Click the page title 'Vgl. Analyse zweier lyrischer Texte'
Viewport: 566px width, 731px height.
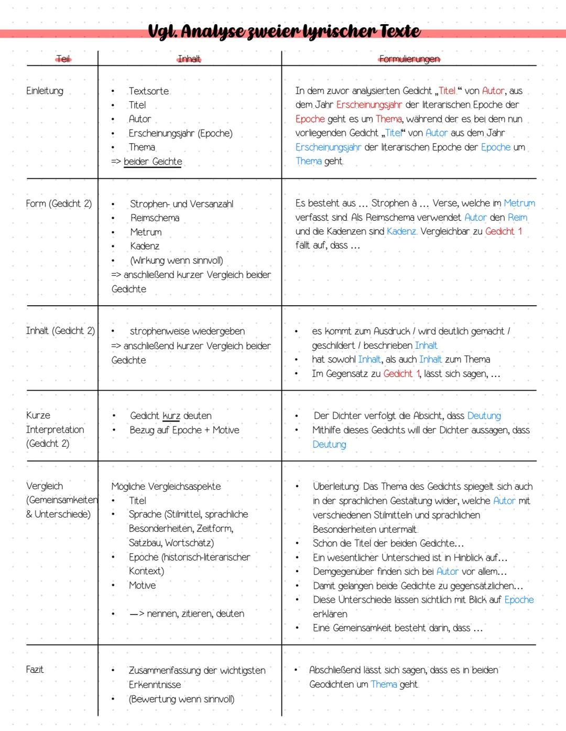coord(284,31)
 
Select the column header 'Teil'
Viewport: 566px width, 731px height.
coord(63,59)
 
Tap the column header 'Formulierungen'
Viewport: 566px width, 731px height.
coord(409,59)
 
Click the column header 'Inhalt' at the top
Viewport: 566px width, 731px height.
coord(189,59)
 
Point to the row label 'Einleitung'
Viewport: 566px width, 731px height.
coord(45,91)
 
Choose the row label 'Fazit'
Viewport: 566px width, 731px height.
coord(35,670)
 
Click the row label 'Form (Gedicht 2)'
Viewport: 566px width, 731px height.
coord(59,203)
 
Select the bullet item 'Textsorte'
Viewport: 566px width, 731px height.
coord(149,91)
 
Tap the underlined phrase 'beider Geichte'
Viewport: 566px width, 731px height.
coord(153,162)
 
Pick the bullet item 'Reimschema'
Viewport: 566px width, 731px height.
coord(155,218)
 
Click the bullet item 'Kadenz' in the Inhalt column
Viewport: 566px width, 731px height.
coord(145,246)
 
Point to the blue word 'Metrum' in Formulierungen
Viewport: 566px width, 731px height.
coord(519,203)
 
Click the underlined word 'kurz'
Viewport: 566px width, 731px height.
coord(171,416)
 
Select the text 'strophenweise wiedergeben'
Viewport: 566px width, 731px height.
coord(187,331)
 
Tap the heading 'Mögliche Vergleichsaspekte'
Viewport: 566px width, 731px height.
coord(166,487)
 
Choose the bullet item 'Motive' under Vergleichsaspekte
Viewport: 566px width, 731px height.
coord(143,585)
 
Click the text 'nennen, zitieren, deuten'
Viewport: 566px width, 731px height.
coord(195,614)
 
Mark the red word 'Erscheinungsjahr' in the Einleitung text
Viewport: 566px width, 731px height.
coord(369,105)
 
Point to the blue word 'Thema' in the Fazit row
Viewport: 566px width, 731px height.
coord(384,684)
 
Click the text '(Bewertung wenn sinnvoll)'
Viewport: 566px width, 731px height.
coord(181,699)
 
